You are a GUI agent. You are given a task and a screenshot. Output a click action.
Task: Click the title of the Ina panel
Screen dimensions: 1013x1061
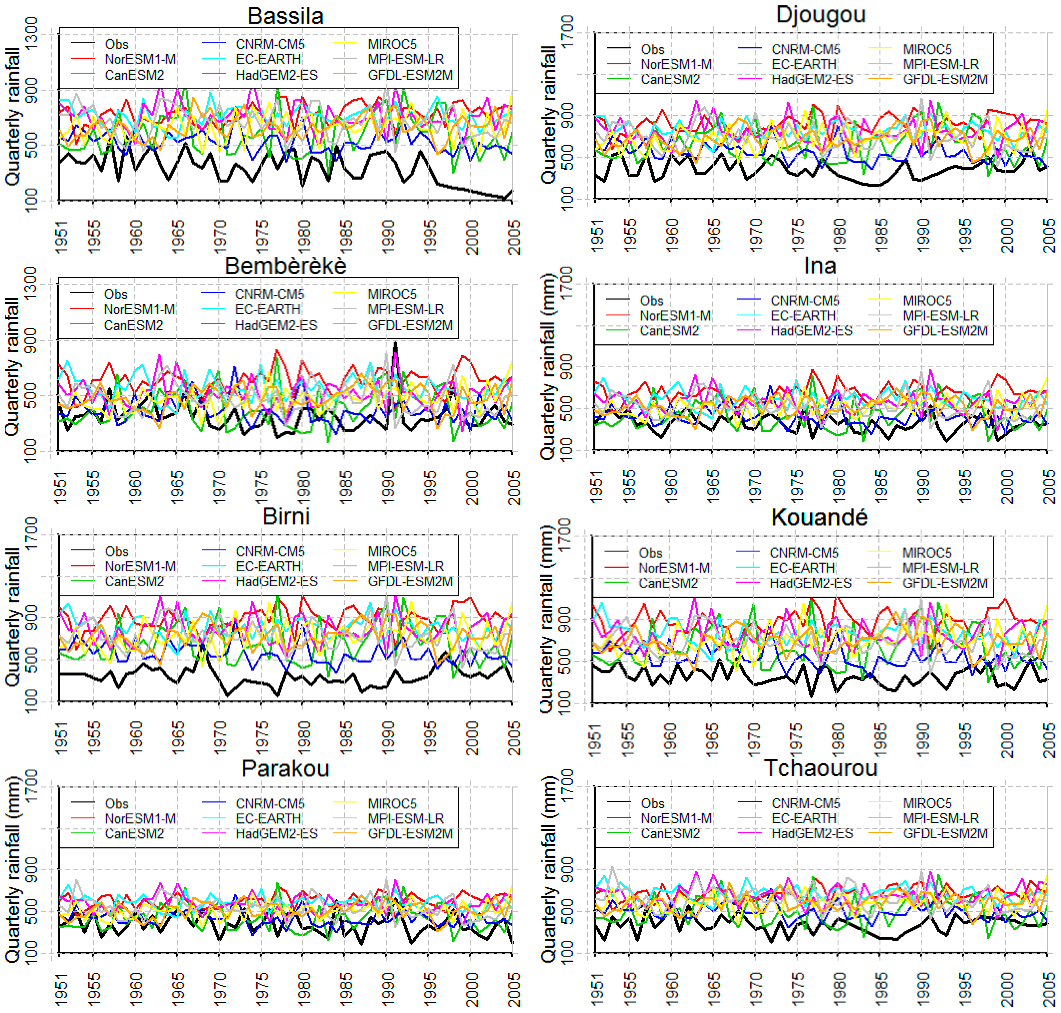pyautogui.click(x=820, y=266)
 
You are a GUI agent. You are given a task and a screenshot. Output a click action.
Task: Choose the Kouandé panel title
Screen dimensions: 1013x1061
pyautogui.click(x=819, y=517)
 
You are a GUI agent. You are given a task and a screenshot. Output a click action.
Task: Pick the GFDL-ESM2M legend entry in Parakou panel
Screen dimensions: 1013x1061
pyautogui.click(x=410, y=834)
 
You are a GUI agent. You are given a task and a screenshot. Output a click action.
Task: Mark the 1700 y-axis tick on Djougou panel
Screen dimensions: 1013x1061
pyautogui.click(x=567, y=32)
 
